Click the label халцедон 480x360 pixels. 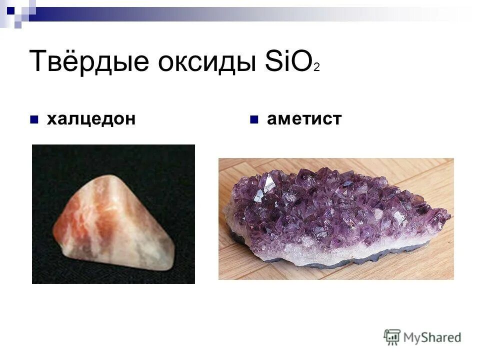pyautogui.click(x=91, y=119)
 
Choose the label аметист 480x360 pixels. pyautogui.click(x=304, y=119)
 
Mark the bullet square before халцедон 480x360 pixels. pyautogui.click(x=34, y=119)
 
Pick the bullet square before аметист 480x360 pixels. pyautogui.click(x=254, y=119)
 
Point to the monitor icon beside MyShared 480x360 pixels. pyautogui.click(x=392, y=336)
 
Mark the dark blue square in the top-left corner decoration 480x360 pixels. pyautogui.click(x=11, y=8)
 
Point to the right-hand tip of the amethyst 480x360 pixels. pyautogui.click(x=448, y=216)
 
